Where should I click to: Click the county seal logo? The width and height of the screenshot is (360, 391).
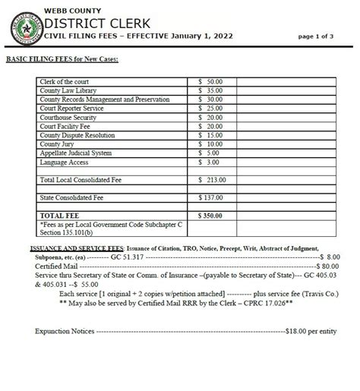pos(27,24)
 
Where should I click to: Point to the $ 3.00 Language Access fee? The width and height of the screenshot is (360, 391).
pos(208,162)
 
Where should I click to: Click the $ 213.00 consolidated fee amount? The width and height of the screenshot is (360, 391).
pos(212,179)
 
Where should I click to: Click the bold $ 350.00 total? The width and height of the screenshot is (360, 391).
pos(212,216)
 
